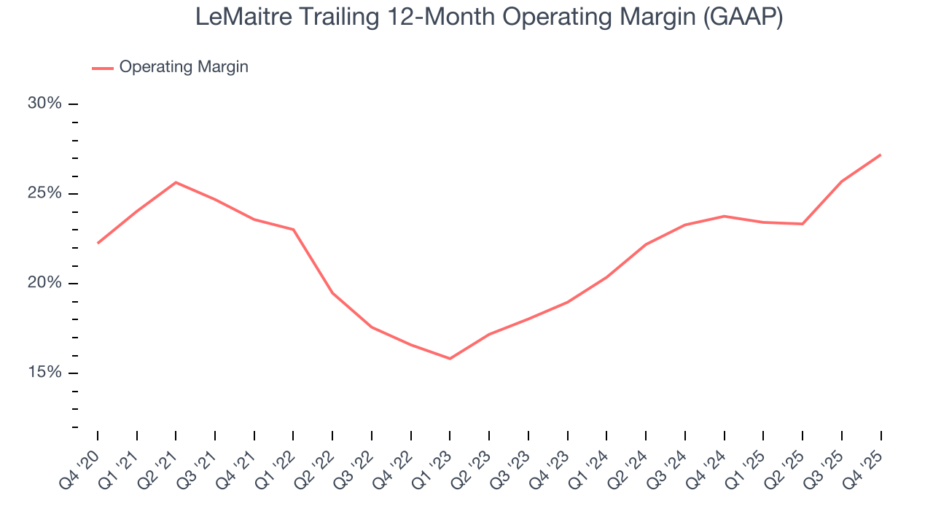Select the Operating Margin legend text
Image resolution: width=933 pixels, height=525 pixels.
184,67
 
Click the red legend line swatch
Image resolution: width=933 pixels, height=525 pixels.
102,68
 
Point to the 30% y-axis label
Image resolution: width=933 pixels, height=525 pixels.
44,104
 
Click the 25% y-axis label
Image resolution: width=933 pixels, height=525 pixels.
44,193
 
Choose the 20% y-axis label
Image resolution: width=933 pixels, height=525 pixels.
44,283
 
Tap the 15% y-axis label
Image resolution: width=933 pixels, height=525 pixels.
44,373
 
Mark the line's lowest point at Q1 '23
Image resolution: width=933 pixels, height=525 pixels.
450,359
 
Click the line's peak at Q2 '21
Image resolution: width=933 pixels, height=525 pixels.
176,182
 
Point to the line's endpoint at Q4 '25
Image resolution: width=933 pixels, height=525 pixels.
881,155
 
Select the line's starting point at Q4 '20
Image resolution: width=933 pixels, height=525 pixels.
98,243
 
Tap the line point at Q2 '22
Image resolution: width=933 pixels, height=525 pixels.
332,293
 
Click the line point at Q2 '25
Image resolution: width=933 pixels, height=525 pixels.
803,224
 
